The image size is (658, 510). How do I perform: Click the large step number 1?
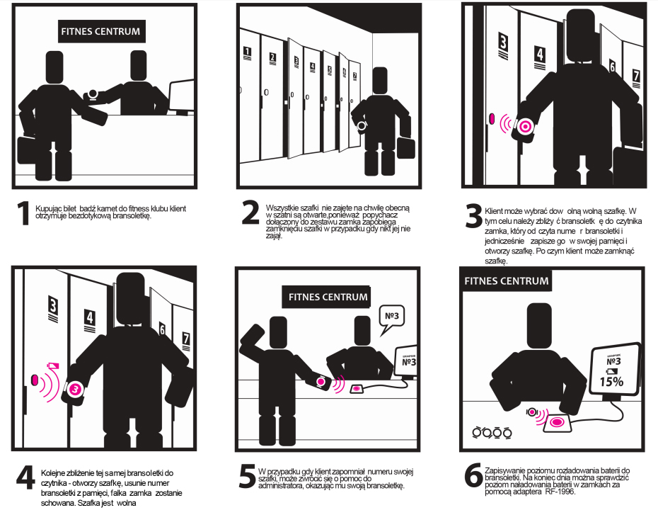point(23,213)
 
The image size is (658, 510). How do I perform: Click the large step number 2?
point(250,212)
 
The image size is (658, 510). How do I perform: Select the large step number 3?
point(474,215)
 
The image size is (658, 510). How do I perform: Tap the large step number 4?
point(25,477)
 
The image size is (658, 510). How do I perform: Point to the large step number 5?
point(247,476)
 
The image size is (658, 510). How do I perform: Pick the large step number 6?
point(473,475)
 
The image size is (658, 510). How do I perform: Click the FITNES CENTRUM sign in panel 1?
point(100,31)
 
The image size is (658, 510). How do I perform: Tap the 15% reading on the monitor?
point(611,382)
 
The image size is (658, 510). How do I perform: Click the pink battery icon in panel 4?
point(53,365)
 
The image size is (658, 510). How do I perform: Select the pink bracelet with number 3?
point(75,390)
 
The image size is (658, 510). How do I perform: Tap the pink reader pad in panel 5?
point(357,389)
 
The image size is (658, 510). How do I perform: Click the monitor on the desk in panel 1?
point(181,97)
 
